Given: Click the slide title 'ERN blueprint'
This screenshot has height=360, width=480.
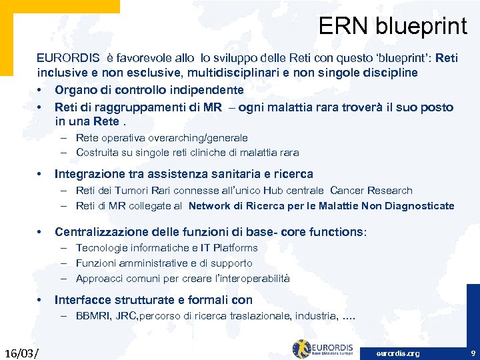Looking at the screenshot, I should (393, 26).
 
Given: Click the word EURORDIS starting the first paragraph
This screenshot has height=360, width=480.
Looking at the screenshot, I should (65, 58).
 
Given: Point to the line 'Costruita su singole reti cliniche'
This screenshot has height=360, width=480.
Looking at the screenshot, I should (187, 152).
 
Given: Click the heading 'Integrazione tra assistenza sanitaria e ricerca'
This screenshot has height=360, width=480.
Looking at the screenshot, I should (183, 174).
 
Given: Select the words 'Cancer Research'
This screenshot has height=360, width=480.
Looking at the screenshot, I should (371, 191).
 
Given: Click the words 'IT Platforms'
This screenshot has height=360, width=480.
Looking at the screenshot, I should (227, 247).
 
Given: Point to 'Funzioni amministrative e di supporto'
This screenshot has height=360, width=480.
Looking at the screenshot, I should (164, 263).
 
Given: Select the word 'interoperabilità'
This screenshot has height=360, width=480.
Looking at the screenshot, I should (251, 279).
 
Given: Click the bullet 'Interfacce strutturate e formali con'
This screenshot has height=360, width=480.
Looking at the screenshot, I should (153, 300).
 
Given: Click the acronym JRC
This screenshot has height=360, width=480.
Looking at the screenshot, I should (125, 315).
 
